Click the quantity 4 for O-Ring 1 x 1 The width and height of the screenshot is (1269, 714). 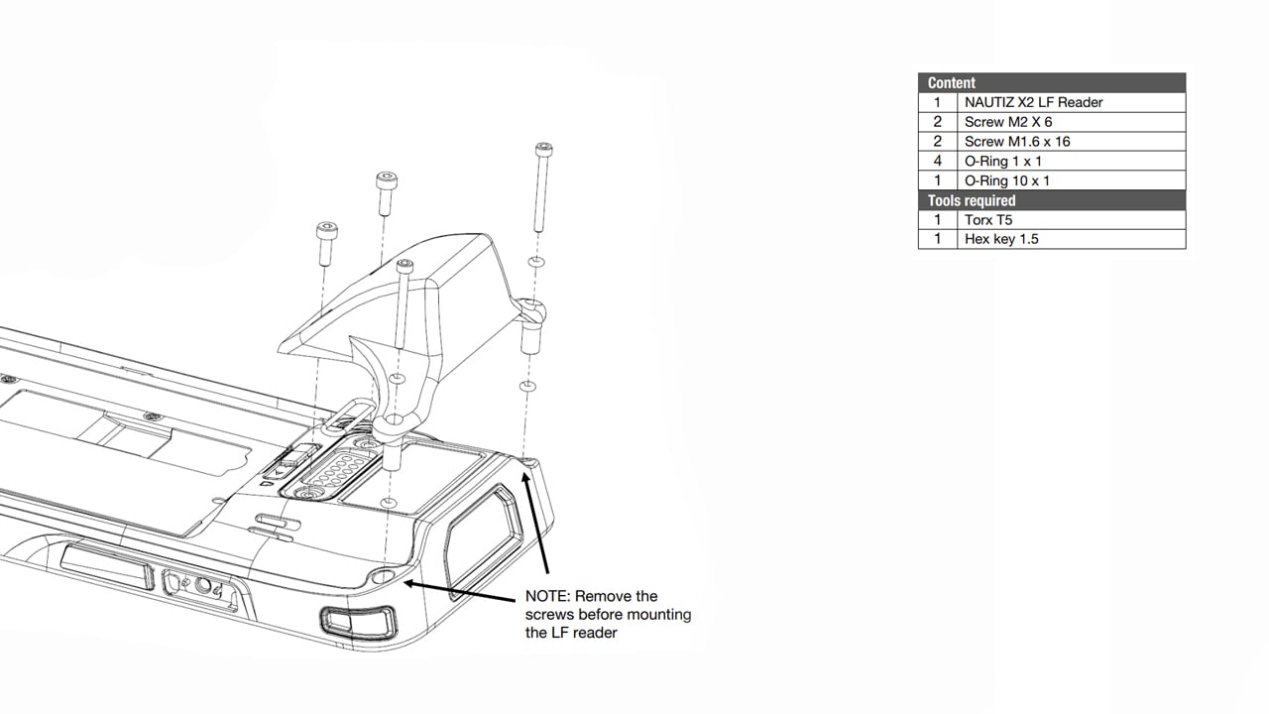coord(937,161)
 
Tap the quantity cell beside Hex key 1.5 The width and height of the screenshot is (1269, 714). coord(937,239)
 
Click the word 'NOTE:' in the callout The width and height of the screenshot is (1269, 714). coord(548,597)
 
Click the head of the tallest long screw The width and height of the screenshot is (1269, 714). coord(543,151)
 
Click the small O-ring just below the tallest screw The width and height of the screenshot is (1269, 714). coord(535,262)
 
